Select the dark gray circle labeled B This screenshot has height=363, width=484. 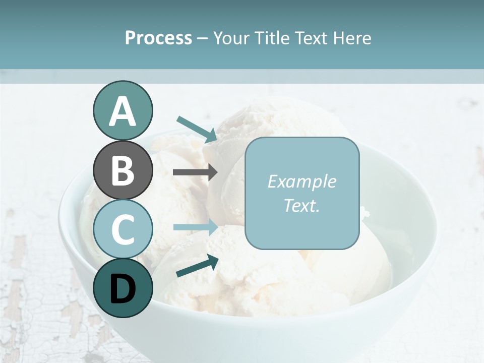pyautogui.click(x=123, y=171)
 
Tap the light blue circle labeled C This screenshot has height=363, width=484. pyautogui.click(x=123, y=229)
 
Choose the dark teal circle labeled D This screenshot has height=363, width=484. pyautogui.click(x=123, y=288)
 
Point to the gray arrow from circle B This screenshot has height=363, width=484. pyautogui.click(x=195, y=172)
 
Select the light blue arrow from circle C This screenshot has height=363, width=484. pyautogui.click(x=195, y=227)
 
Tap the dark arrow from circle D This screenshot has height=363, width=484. pyautogui.click(x=197, y=266)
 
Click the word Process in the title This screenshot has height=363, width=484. pyautogui.click(x=158, y=38)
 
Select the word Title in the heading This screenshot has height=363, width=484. pyautogui.click(x=272, y=38)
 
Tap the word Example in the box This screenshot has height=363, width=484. pyautogui.click(x=301, y=181)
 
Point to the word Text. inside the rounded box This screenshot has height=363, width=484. pyautogui.click(x=301, y=205)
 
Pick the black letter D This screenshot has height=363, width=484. pyautogui.click(x=123, y=289)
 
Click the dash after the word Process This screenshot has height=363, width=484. pyautogui.click(x=203, y=38)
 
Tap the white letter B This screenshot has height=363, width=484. pyautogui.click(x=123, y=171)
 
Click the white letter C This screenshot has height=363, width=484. pyautogui.click(x=123, y=229)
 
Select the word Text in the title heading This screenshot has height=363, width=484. pyautogui.click(x=313, y=38)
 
